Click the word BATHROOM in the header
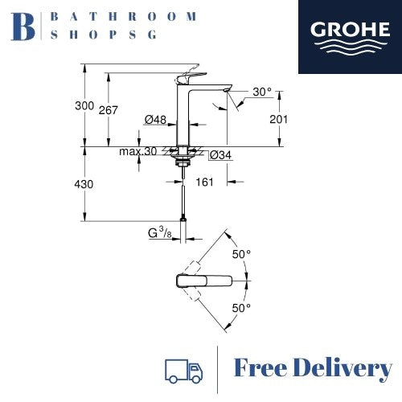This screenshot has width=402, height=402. pyautogui.click(x=124, y=16)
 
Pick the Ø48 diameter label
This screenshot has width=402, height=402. pyautogui.click(x=155, y=120)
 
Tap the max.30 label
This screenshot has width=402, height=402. pyautogui.click(x=137, y=152)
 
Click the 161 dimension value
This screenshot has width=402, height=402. pyautogui.click(x=204, y=183)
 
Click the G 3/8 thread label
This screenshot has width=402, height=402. pyautogui.click(x=161, y=234)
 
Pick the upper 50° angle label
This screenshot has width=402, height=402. pyautogui.click(x=241, y=253)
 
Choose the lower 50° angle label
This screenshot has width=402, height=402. pyautogui.click(x=241, y=307)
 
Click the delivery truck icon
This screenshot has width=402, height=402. pyautogui.click(x=183, y=370)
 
